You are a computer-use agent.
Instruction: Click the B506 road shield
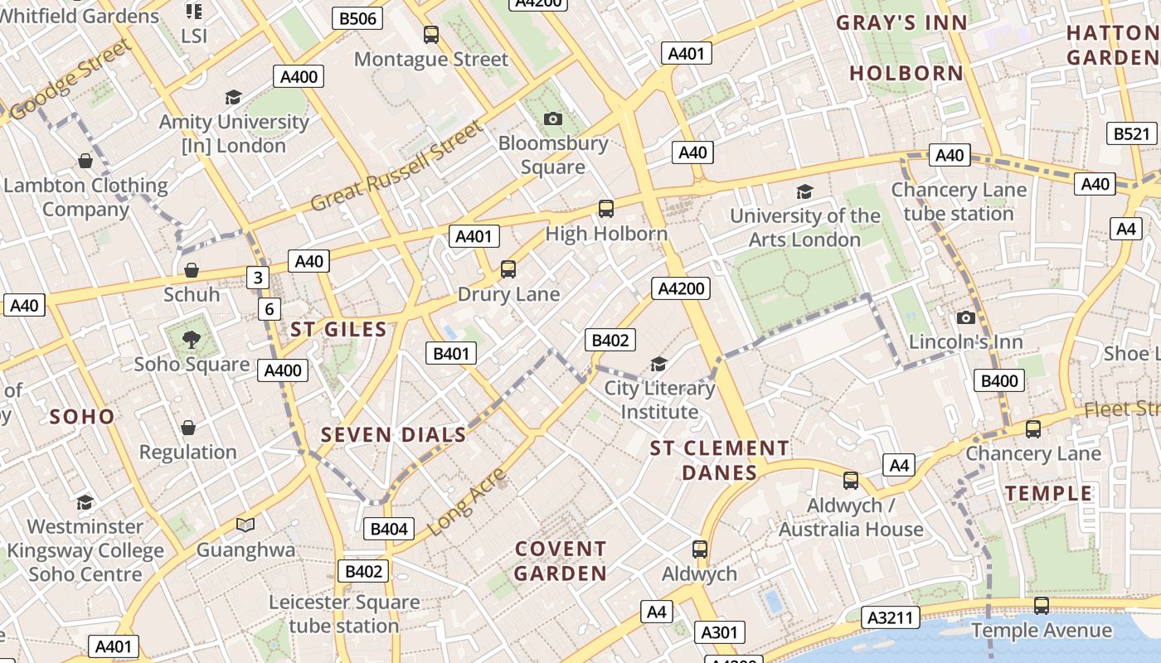(358, 18)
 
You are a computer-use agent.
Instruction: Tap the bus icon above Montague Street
(430, 35)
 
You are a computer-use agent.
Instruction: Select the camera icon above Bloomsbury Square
(553, 119)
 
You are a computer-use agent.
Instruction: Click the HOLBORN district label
(906, 73)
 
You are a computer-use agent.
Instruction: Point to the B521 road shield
(1132, 133)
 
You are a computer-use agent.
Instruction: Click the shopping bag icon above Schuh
(192, 270)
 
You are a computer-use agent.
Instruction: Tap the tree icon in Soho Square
(192, 339)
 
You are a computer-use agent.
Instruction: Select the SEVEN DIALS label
(393, 434)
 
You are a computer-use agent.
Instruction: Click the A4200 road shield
(681, 288)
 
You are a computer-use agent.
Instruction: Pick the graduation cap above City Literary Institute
(658, 364)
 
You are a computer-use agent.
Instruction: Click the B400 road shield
(998, 381)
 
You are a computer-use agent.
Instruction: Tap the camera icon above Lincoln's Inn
(965, 317)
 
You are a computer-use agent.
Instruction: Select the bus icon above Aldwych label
(700, 549)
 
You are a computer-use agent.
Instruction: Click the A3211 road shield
(891, 617)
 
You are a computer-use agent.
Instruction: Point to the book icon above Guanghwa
(245, 525)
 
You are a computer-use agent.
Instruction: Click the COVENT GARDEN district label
(561, 561)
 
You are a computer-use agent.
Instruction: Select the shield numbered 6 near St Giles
(269, 310)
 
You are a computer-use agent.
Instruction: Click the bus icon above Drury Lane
(508, 269)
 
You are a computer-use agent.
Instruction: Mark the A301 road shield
(719, 633)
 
